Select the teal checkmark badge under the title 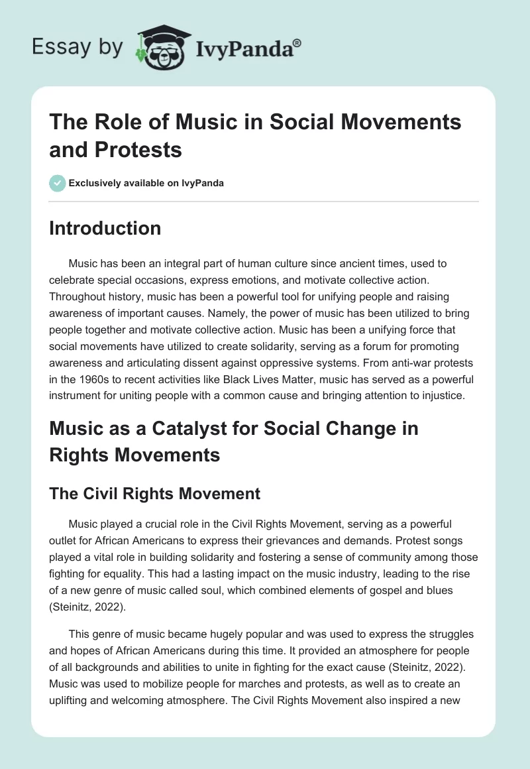pyautogui.click(x=57, y=183)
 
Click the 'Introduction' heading pyautogui.click(x=105, y=228)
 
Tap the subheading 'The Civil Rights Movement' pyautogui.click(x=155, y=493)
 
